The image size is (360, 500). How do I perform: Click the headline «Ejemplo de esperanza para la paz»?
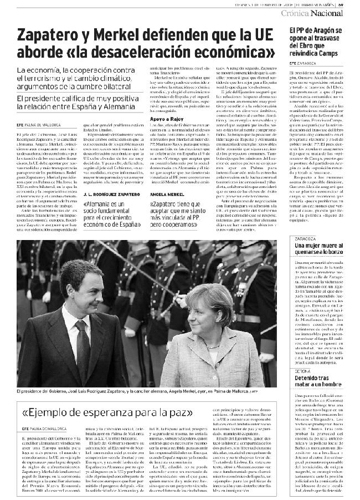pyautogui.click(x=107, y=412)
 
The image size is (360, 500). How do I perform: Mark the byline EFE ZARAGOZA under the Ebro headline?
pyautogui.click(x=303, y=63)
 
